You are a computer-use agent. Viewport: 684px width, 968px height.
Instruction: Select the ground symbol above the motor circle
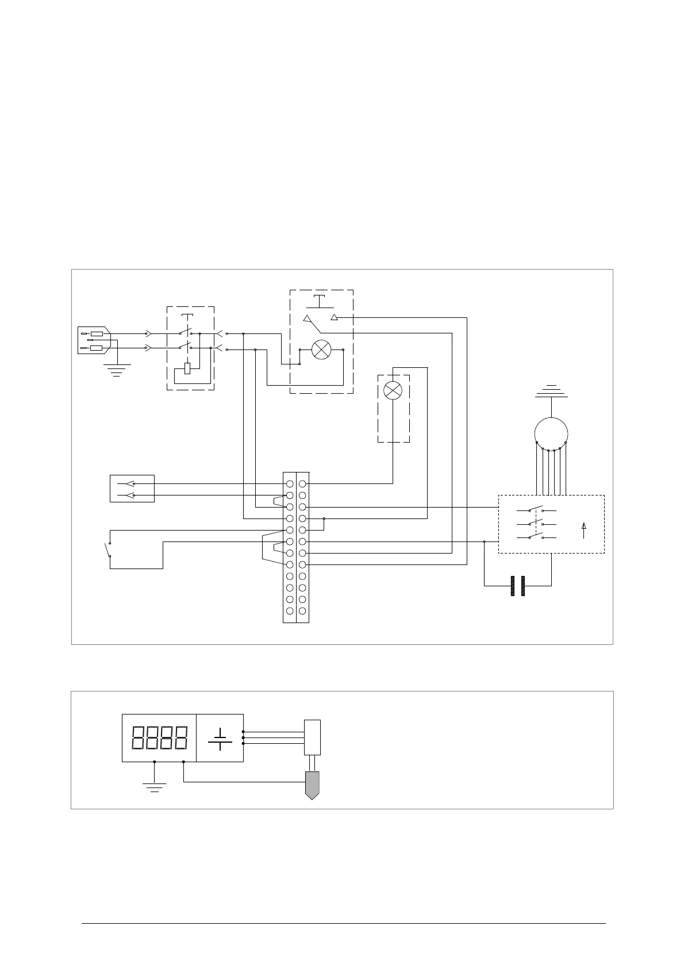[x=551, y=391]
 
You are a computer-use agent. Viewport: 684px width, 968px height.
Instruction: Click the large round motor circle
[x=551, y=433]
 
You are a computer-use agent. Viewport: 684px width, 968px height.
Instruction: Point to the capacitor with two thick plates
[x=518, y=586]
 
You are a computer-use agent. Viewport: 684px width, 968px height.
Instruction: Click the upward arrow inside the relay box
[x=584, y=530]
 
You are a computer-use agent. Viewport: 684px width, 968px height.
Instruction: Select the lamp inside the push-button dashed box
[x=321, y=349]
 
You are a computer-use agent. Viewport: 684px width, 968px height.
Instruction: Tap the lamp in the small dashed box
[x=393, y=391]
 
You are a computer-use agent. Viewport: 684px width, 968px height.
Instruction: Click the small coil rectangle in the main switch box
[x=187, y=368]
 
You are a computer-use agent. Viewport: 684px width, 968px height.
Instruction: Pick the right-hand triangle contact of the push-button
[x=335, y=317]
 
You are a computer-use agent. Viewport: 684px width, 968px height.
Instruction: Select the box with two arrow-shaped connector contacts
[x=132, y=489]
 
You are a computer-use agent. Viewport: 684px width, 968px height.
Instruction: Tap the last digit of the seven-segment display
[x=180, y=737]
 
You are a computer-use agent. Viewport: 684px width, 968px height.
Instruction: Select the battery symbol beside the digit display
[x=220, y=738]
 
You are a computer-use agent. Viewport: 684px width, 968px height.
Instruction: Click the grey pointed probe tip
[x=312, y=785]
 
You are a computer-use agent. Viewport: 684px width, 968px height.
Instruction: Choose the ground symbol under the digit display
[x=154, y=786]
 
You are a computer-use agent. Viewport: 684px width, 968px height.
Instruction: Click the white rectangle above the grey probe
[x=312, y=737]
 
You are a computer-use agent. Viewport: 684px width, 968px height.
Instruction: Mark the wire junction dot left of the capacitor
[x=485, y=541]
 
